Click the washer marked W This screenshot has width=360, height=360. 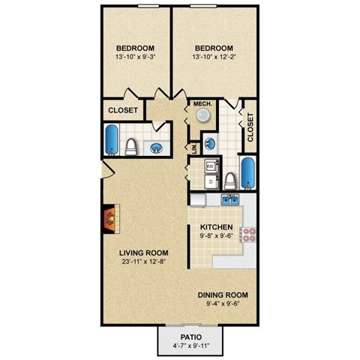tap(211, 166)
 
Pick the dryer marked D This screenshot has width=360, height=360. tap(211, 181)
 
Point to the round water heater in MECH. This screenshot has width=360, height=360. tap(202, 115)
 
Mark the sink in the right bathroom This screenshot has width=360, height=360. tap(211, 142)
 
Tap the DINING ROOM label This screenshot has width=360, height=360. tap(223, 295)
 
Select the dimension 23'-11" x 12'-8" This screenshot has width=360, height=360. tap(143, 263)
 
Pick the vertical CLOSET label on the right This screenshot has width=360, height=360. tap(250, 127)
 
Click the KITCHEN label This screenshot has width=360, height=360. tap(216, 227)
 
